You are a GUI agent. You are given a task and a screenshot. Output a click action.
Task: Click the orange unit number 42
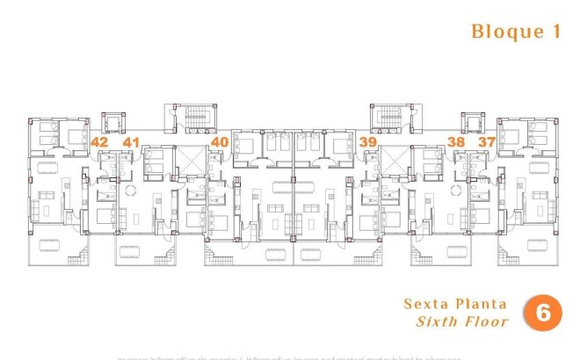tap(99, 142)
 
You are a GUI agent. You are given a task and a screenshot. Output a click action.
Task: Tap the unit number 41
tap(131, 142)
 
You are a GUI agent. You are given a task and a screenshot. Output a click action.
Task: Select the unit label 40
tap(220, 142)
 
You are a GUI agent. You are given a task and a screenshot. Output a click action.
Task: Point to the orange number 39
tap(368, 142)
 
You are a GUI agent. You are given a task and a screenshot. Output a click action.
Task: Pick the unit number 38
tap(455, 142)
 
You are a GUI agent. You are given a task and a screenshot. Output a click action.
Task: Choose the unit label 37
tap(487, 142)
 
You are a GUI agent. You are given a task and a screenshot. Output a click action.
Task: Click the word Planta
tap(480, 305)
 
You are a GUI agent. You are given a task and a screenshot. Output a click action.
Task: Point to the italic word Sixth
tap(439, 321)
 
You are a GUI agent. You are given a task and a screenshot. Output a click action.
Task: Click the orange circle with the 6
tap(542, 313)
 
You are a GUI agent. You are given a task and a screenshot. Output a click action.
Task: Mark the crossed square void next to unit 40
tap(192, 159)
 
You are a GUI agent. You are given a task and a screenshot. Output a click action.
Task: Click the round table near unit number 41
tap(130, 192)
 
